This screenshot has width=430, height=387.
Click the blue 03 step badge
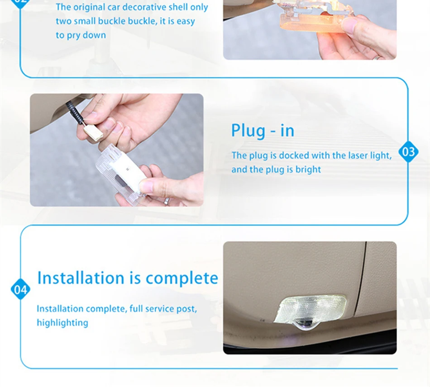408,152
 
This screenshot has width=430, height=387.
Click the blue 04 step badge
20,289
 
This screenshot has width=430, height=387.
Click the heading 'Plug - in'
263,131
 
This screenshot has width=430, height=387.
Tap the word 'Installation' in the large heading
81,278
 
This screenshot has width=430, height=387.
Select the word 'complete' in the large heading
182,278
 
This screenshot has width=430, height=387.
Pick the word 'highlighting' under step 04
62,323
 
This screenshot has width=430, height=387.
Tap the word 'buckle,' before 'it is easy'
143,21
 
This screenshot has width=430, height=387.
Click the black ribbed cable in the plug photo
75,112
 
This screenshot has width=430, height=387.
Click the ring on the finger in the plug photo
166,201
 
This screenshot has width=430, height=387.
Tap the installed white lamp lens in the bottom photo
311,308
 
